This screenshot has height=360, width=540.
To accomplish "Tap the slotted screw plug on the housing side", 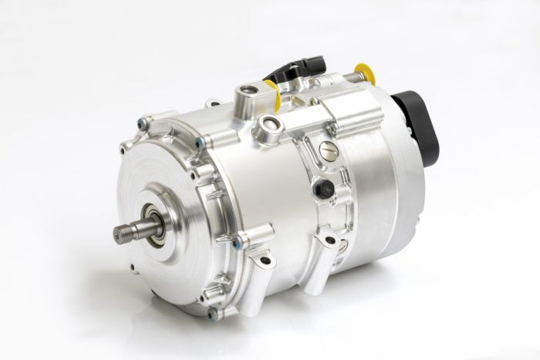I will [x=328, y=156].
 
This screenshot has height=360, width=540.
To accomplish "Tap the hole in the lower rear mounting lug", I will [x=332, y=241].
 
